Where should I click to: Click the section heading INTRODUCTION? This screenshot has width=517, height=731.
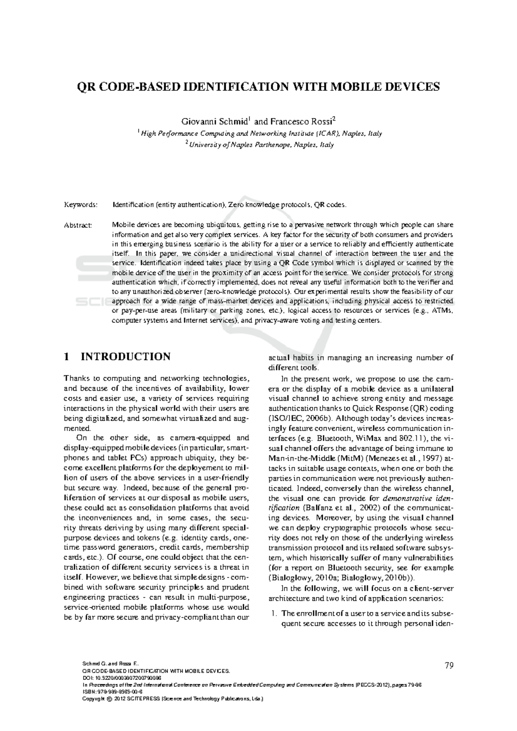125,357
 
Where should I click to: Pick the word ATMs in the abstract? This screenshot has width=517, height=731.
441,310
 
